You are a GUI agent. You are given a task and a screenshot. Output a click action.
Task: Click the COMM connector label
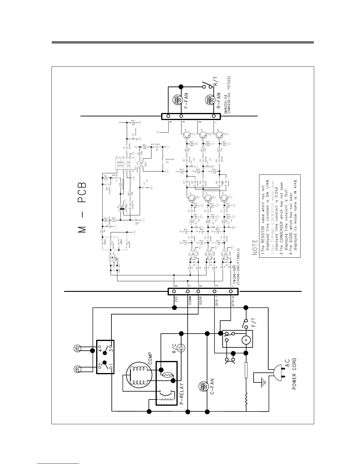pos(190,301)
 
